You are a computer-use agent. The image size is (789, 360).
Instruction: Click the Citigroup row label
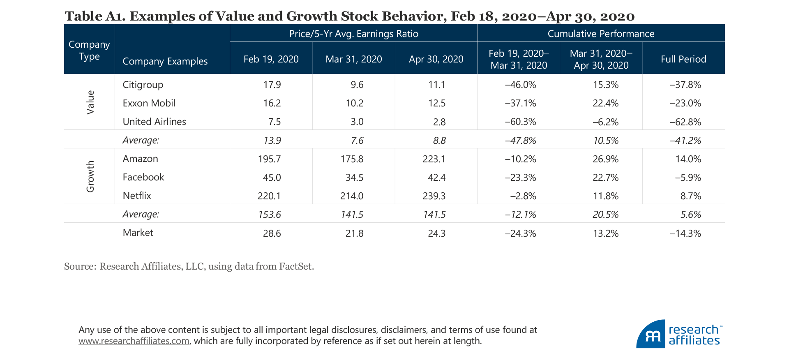pyautogui.click(x=143, y=85)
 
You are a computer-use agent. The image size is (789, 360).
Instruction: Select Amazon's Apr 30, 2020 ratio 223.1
pyautogui.click(x=434, y=159)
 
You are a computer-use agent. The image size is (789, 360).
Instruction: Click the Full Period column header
pyautogui.click(x=683, y=59)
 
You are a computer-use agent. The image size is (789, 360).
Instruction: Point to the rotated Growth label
pyautogui.click(x=90, y=176)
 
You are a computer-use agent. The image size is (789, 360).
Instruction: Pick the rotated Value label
pyautogui.click(x=90, y=102)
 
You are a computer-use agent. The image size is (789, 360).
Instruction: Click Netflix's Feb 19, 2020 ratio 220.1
pyautogui.click(x=269, y=196)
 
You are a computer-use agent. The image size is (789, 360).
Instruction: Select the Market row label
pyautogui.click(x=138, y=233)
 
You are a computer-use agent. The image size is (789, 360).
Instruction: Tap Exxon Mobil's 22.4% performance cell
pyautogui.click(x=605, y=104)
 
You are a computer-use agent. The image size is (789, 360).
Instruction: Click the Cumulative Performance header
pyautogui.click(x=601, y=34)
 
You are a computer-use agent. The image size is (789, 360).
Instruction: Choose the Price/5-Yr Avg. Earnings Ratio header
pyautogui.click(x=353, y=34)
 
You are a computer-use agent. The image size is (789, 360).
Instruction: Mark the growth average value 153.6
pyautogui.click(x=270, y=215)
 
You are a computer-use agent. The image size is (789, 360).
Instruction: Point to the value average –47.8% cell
pyautogui.click(x=520, y=141)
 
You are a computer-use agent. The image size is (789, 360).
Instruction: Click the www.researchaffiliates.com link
pyautogui.click(x=134, y=341)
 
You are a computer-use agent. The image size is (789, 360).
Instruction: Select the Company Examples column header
pyautogui.click(x=165, y=61)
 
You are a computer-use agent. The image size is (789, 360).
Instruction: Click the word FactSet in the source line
pyautogui.click(x=295, y=266)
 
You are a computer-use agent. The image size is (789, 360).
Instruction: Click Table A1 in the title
pyautogui.click(x=95, y=16)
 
